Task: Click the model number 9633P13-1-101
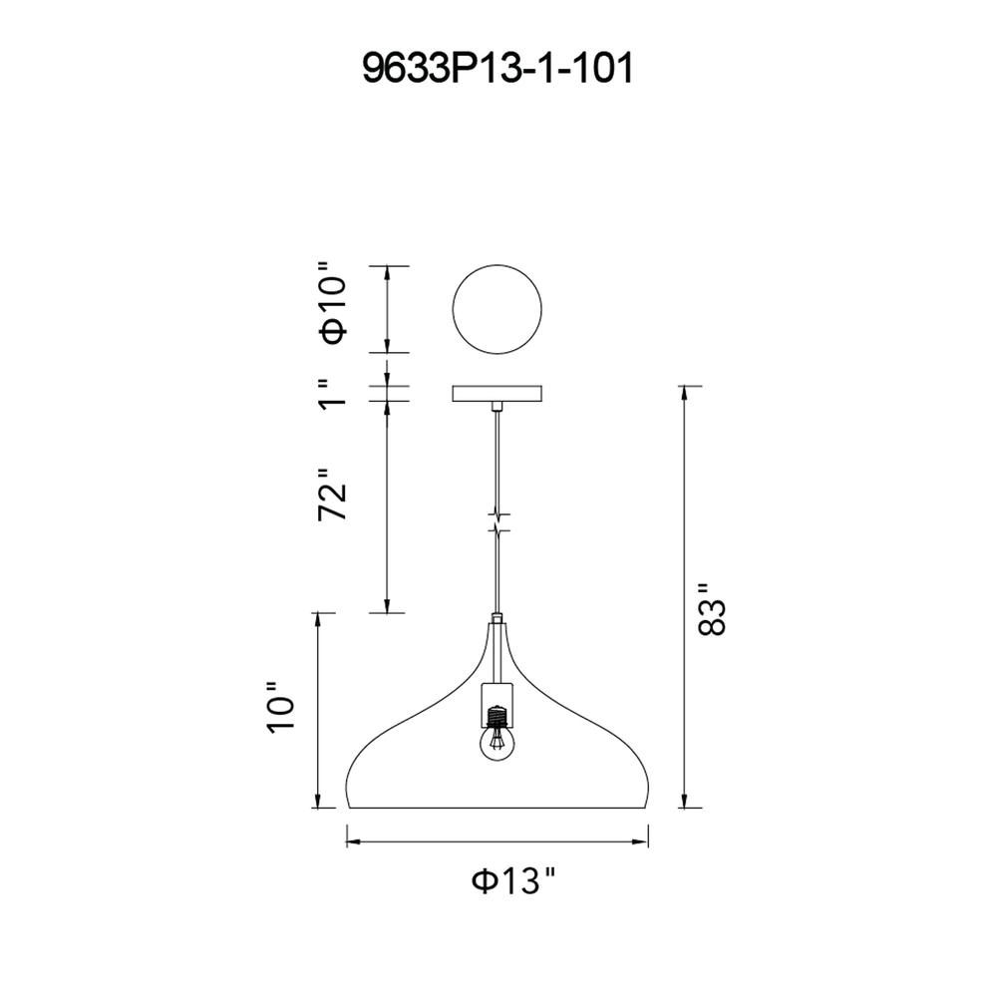click(498, 69)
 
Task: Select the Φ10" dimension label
click(334, 310)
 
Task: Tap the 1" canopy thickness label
click(333, 394)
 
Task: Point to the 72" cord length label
click(333, 495)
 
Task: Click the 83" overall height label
click(712, 609)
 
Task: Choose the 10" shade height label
click(281, 708)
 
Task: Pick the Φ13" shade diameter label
click(513, 880)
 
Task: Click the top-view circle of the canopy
click(497, 265)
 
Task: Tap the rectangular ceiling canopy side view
click(497, 394)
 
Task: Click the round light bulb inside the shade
click(498, 743)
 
